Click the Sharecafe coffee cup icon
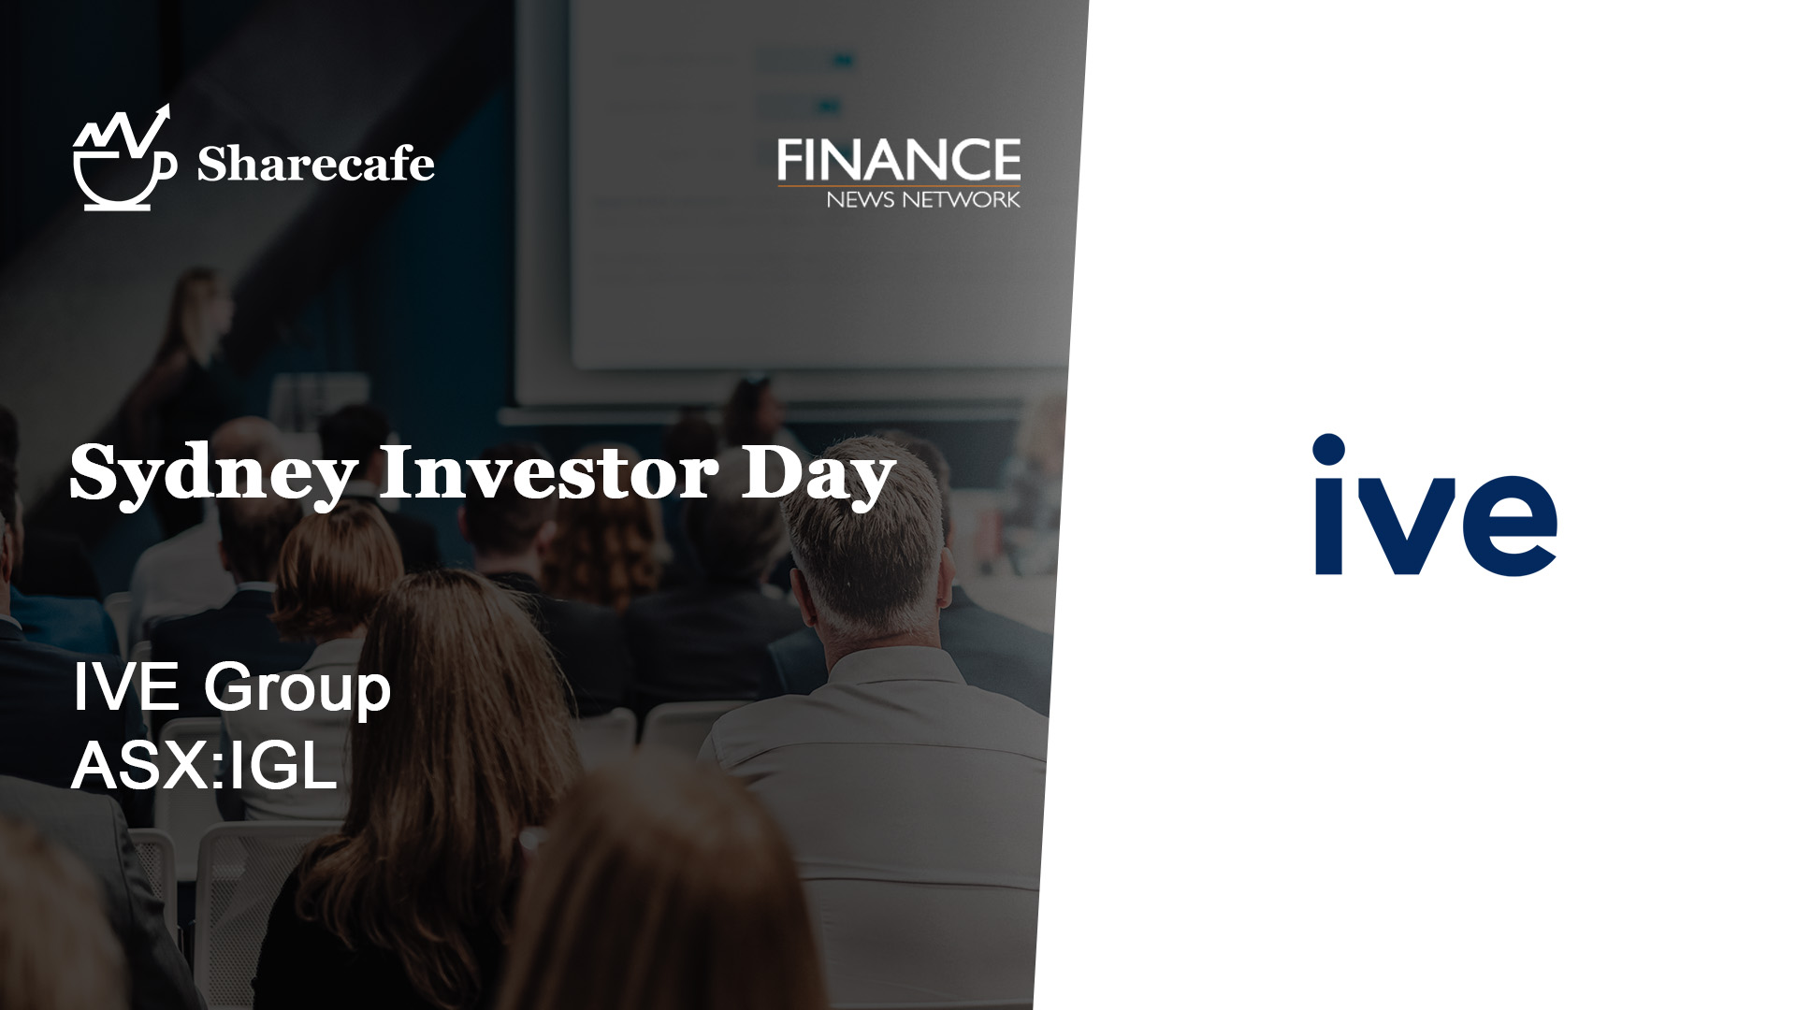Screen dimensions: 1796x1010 point(124,159)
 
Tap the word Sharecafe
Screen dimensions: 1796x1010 point(315,164)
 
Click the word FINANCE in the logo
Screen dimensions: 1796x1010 point(898,160)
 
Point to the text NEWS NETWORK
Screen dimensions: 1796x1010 point(922,199)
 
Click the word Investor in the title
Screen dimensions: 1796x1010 point(548,473)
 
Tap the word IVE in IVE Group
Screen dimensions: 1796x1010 point(126,687)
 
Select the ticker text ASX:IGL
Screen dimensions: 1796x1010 point(204,767)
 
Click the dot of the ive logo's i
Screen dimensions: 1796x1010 point(1329,449)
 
